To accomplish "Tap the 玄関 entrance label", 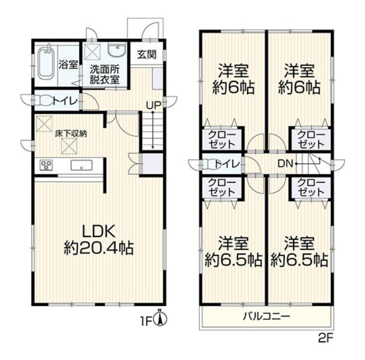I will coord(147,54).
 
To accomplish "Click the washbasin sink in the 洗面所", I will coord(116,51).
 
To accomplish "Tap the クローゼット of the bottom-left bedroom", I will coord(221,187).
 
